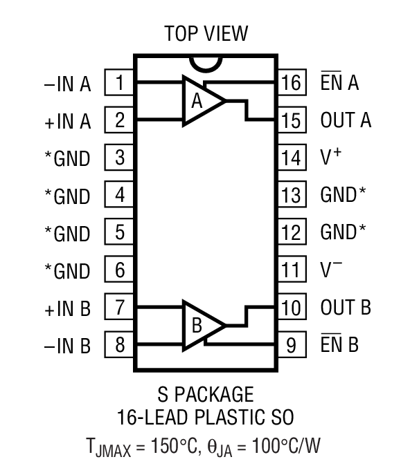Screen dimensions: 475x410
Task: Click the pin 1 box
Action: point(119,84)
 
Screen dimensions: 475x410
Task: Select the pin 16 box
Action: point(292,83)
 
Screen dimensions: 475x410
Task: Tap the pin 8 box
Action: point(119,344)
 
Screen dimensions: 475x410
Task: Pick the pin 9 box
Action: point(292,344)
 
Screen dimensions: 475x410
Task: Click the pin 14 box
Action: point(292,158)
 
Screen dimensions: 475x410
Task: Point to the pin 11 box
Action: point(292,270)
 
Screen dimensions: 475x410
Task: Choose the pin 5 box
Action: point(119,232)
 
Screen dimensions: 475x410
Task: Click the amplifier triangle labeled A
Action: point(202,102)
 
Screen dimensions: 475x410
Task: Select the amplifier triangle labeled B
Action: point(202,324)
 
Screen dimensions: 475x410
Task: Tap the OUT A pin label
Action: point(346,120)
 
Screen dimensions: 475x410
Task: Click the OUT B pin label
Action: point(346,307)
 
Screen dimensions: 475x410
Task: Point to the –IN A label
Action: point(67,84)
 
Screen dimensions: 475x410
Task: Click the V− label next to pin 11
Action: point(330,268)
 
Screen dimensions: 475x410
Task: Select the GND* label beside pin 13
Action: point(343,195)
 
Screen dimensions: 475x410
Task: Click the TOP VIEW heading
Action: point(205,33)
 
